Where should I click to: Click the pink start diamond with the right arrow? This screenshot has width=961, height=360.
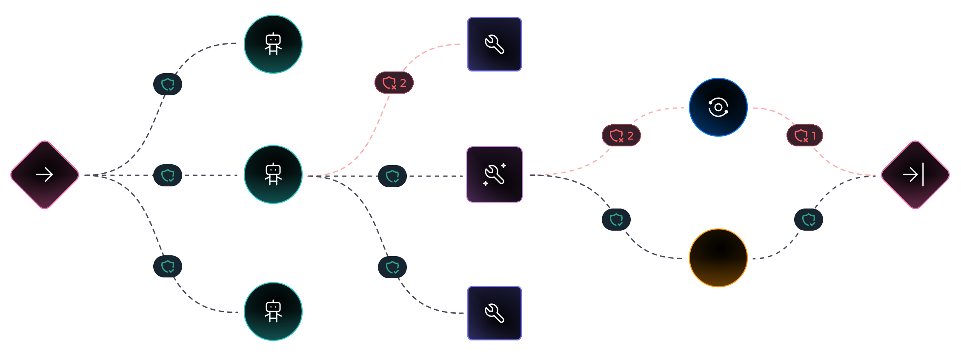(x=45, y=175)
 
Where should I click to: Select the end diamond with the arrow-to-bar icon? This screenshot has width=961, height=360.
(x=915, y=175)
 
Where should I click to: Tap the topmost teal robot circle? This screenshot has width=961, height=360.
(x=273, y=44)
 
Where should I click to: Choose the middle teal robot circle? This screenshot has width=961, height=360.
(x=273, y=174)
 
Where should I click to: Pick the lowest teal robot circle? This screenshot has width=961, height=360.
(x=273, y=311)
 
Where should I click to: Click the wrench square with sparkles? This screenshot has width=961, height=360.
(x=495, y=174)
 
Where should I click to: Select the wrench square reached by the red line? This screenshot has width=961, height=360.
(x=495, y=44)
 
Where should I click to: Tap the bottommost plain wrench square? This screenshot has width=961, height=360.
(x=495, y=313)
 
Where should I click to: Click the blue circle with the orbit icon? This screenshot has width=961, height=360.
(x=718, y=107)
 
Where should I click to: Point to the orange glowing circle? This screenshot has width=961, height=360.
(x=718, y=258)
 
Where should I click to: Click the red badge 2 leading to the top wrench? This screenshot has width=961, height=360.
(x=394, y=83)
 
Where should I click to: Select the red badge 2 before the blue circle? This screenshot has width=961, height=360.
(x=621, y=135)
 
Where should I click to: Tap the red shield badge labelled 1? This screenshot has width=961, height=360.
(x=805, y=135)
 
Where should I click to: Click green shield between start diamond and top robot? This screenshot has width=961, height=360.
(x=168, y=84)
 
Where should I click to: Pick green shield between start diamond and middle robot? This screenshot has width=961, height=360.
(x=168, y=175)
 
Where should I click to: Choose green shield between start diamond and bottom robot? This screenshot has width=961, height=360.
(x=168, y=266)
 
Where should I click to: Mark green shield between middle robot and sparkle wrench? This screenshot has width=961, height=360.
(x=392, y=176)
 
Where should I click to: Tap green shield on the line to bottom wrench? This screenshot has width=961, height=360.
(x=392, y=267)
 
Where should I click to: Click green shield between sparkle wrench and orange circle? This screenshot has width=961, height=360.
(x=616, y=220)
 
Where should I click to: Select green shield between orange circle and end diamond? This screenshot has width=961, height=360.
(x=809, y=220)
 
